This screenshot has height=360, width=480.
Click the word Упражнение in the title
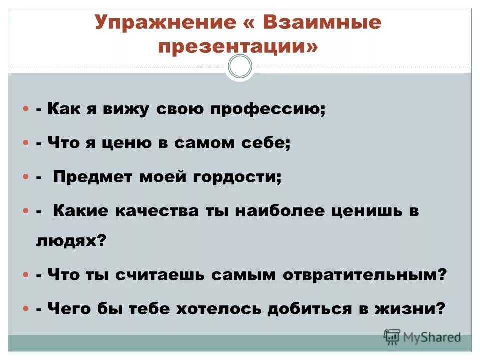(x=160, y=23)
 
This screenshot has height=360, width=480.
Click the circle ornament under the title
(x=240, y=66)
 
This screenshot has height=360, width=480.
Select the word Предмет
(x=93, y=177)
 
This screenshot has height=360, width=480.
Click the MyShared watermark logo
(x=422, y=337)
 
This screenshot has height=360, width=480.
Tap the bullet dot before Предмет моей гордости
(x=26, y=177)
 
